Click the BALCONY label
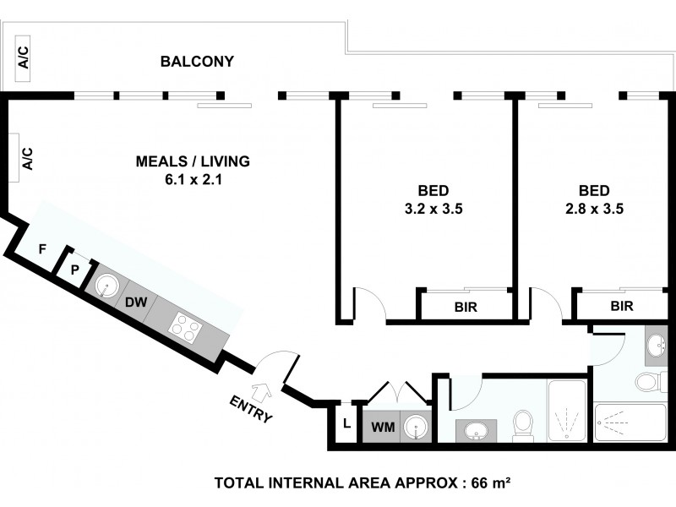click(x=197, y=61)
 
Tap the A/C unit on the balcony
click(x=23, y=58)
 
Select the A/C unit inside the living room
click(x=14, y=158)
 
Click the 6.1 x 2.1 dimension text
click(x=194, y=179)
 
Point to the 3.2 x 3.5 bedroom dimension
click(x=433, y=209)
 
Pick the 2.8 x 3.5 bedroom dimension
click(x=595, y=209)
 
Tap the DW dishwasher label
click(x=136, y=303)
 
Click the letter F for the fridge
click(x=42, y=248)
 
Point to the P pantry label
click(x=75, y=270)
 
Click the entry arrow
click(x=263, y=391)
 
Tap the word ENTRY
click(x=251, y=409)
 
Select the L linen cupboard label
click(x=346, y=424)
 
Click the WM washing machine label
click(x=383, y=428)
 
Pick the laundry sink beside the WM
click(x=416, y=427)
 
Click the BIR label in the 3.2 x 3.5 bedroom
click(x=466, y=307)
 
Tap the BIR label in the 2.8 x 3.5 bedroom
click(x=622, y=306)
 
